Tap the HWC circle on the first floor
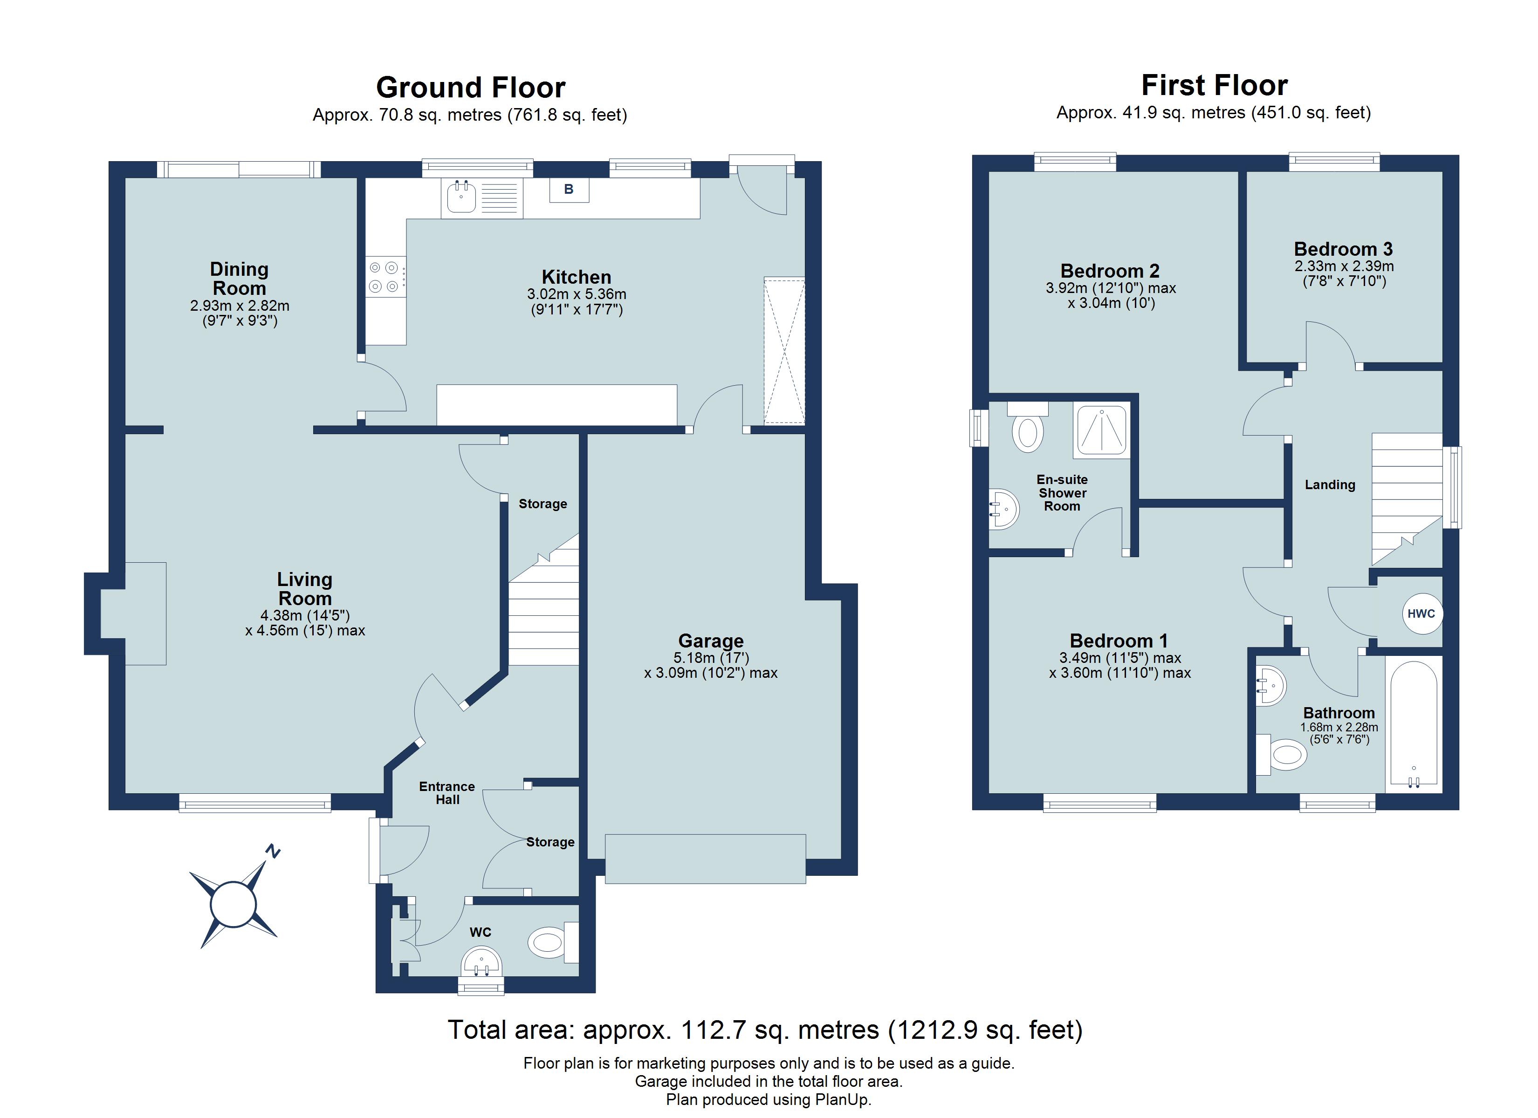1421,614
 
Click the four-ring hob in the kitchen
384,277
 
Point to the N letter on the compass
273,852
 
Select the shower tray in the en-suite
1101,430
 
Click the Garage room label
711,641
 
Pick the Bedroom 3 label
1343,249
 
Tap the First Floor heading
1214,85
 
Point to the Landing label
1330,485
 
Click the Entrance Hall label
447,792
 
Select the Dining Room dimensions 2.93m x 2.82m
240,306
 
